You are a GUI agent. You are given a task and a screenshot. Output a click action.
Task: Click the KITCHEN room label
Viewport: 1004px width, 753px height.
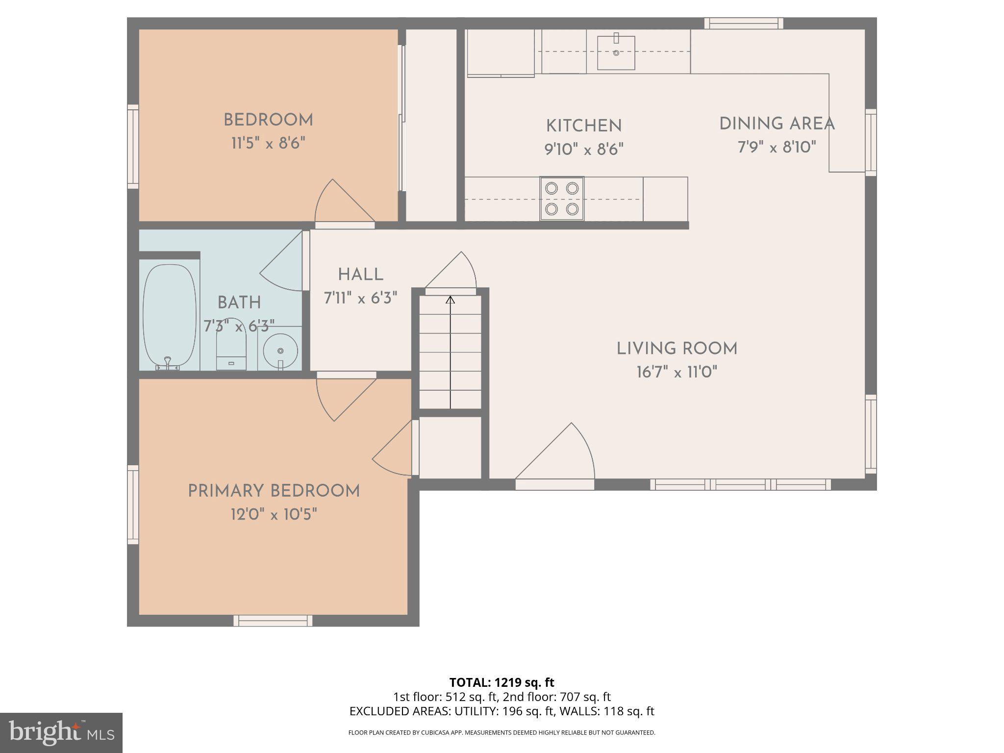coord(583,126)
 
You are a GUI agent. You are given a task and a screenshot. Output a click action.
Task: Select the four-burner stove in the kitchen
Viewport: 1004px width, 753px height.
coord(562,199)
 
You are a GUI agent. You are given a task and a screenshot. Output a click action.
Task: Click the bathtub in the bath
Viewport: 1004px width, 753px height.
coord(169,316)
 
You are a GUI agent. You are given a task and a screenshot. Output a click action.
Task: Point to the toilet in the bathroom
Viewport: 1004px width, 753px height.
coord(231,346)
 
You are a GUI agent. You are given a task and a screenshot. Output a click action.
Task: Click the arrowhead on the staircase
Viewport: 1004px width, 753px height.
coord(450,300)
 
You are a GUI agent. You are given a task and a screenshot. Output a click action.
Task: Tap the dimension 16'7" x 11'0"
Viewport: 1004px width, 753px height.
coord(677,373)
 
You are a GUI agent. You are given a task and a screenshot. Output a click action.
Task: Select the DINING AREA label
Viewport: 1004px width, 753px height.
coord(777,124)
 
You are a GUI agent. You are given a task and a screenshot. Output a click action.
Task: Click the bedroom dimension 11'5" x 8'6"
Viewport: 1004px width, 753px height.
coord(268,144)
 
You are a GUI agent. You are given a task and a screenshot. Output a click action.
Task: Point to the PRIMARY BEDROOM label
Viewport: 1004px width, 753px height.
coord(274,491)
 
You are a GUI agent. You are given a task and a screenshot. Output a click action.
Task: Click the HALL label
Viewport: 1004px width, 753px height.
coord(360,275)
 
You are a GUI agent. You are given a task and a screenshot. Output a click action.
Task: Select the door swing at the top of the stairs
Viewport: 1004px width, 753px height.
coord(453,272)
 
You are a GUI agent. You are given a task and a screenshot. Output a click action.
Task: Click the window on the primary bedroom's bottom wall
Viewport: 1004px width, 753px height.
coord(273,620)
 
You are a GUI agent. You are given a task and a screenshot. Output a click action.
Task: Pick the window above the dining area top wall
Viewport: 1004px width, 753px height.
coord(743,23)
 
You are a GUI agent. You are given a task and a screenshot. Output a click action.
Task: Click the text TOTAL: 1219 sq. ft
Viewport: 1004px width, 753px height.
coord(502,682)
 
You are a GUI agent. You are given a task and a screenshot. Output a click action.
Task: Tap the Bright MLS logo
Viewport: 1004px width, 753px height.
coord(61,732)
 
